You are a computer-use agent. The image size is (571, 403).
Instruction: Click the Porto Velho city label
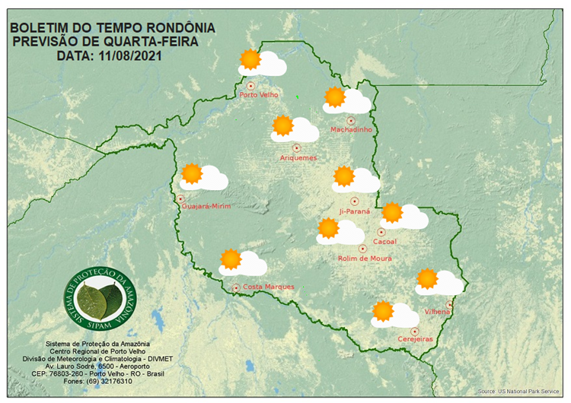[259, 95]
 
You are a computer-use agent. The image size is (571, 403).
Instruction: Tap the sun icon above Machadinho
[334, 97]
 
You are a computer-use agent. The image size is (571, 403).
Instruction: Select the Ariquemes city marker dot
[297, 147]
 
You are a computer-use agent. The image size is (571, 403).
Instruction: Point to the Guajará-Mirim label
[206, 206]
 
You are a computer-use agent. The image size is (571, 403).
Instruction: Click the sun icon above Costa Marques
[230, 259]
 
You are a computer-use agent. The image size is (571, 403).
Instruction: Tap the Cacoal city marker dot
[381, 232]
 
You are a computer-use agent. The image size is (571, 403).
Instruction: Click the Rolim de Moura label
[365, 259]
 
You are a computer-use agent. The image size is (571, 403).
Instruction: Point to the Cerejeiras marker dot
[415, 331]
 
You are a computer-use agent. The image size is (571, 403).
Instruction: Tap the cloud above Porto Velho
[270, 66]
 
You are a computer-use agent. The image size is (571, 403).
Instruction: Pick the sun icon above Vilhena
[427, 278]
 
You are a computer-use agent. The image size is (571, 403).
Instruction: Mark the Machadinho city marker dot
[351, 120]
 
